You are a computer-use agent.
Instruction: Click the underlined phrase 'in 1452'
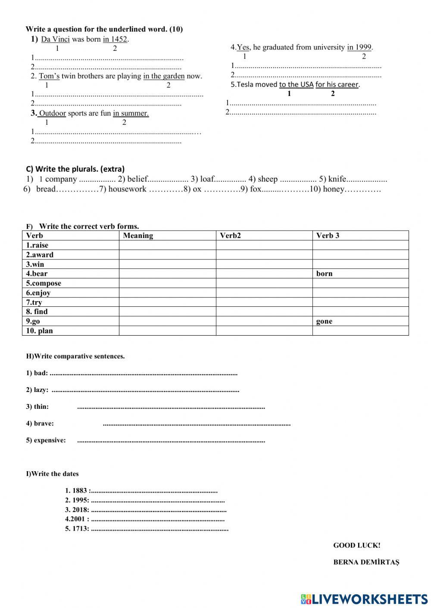pos(115,39)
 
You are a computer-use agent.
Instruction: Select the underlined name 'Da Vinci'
pos(55,39)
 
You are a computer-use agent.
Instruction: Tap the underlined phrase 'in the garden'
pos(164,76)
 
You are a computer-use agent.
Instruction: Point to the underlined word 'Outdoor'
pos(52,113)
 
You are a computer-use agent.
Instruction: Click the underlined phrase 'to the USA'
pos(296,84)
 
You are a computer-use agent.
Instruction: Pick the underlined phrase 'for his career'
pos(337,84)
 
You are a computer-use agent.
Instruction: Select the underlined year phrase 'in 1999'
pos(359,47)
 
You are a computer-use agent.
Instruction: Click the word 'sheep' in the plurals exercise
pos(268,179)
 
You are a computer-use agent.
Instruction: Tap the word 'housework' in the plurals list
pos(127,189)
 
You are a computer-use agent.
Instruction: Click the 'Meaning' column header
pos(138,235)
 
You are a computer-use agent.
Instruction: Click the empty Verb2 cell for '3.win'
pos(264,264)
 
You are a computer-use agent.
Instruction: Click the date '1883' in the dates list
pos(80,491)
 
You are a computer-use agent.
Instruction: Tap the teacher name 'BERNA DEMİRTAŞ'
pos(366,562)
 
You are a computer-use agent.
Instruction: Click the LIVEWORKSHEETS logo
pos(364,599)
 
